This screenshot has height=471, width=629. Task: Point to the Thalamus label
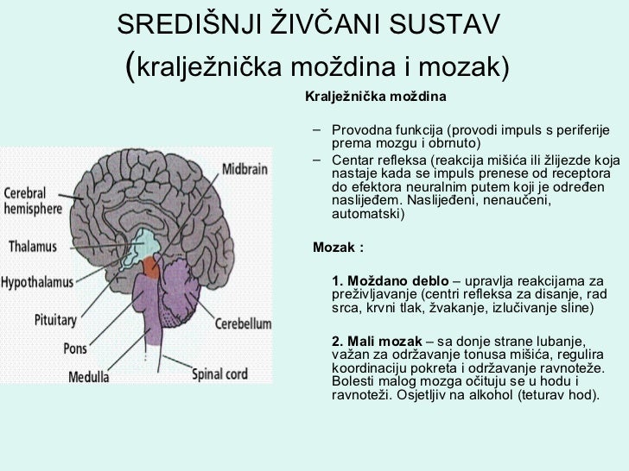coord(38,244)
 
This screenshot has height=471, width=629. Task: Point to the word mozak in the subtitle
coord(465,66)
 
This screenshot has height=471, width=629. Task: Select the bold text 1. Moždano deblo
coord(390,281)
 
